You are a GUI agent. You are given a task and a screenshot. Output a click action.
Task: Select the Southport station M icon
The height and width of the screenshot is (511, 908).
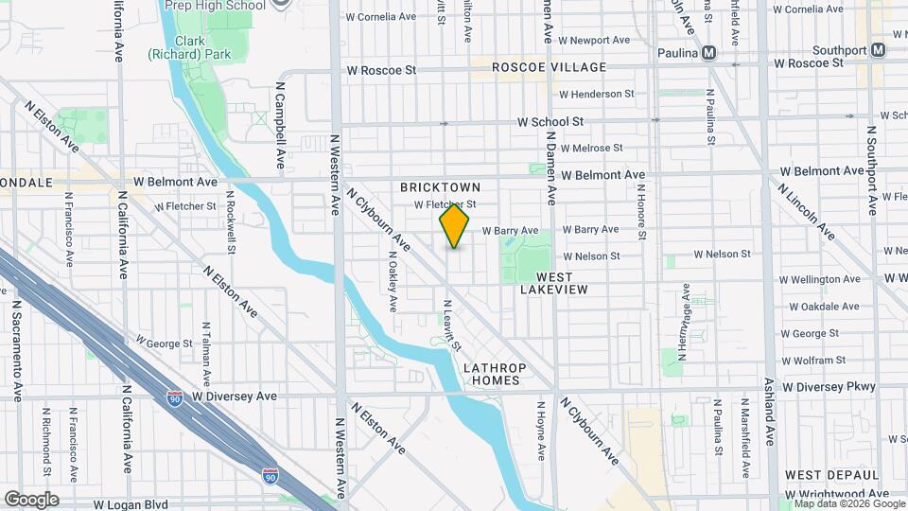pyautogui.click(x=879, y=50)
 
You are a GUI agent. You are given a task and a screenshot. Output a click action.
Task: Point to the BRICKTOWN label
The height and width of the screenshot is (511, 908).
pyautogui.click(x=454, y=187)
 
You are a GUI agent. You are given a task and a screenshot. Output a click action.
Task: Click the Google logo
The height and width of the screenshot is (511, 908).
pyautogui.click(x=31, y=499)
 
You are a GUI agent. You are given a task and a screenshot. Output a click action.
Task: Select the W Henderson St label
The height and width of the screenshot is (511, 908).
pyautogui.click(x=597, y=94)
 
